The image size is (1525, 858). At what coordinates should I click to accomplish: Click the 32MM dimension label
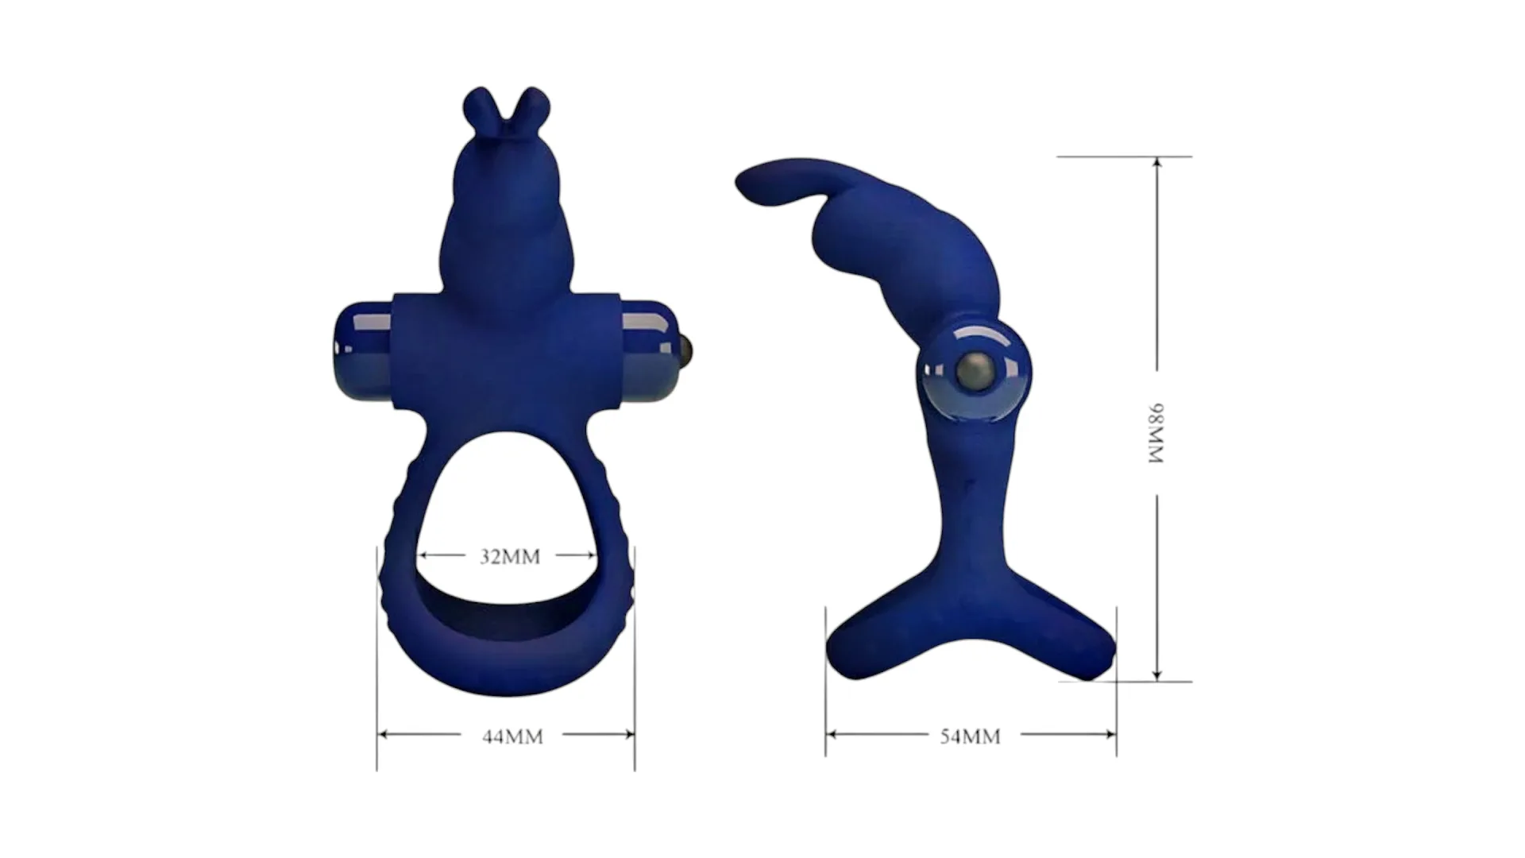pos(510,556)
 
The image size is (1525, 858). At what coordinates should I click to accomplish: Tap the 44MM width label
pos(512,736)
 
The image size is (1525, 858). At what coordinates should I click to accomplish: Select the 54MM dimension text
pos(970,736)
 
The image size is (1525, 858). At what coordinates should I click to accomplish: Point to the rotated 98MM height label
pos(1156,434)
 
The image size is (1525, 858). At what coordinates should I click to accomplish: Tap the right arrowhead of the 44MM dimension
pos(628,735)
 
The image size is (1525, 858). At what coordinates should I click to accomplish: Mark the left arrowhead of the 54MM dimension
pos(832,735)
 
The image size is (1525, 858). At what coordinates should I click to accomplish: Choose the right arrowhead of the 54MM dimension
pos(1110,735)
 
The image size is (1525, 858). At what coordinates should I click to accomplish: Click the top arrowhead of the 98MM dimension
pos(1157,163)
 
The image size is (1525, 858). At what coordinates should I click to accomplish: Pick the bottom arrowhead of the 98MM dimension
pos(1157,674)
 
